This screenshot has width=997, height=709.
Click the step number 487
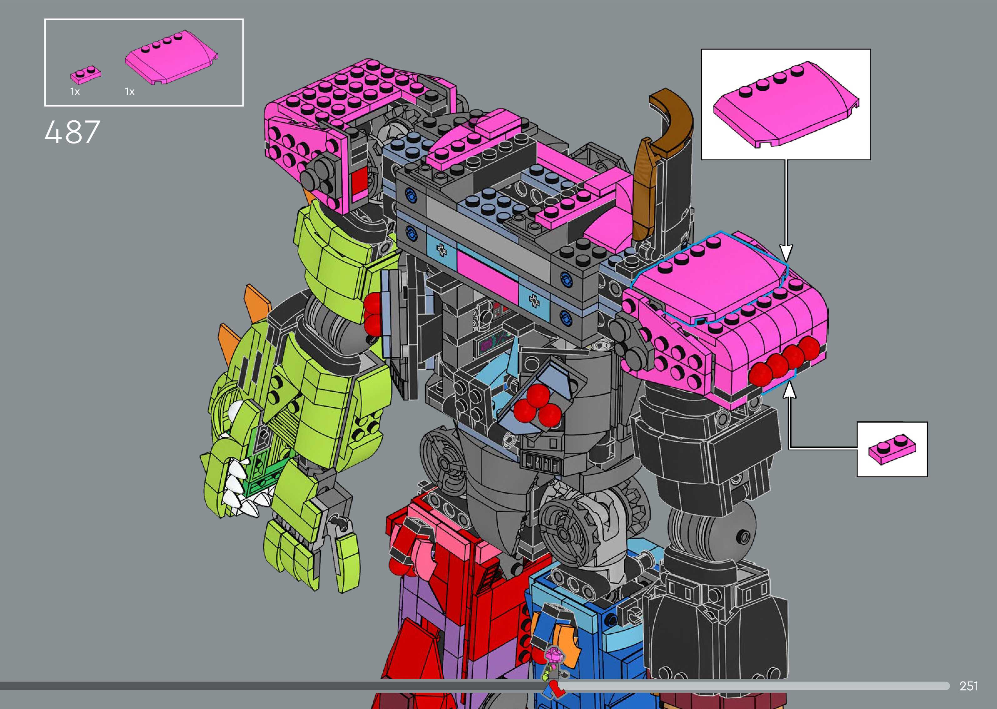[x=73, y=132]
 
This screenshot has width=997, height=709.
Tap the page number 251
[x=969, y=686]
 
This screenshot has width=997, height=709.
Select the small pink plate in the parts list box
[x=86, y=75]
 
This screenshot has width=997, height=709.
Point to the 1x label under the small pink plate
[x=75, y=92]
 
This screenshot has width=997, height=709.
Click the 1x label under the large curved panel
[x=130, y=92]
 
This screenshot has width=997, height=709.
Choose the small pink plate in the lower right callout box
[x=892, y=449]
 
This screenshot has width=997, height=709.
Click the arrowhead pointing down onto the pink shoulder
[x=786, y=253]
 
